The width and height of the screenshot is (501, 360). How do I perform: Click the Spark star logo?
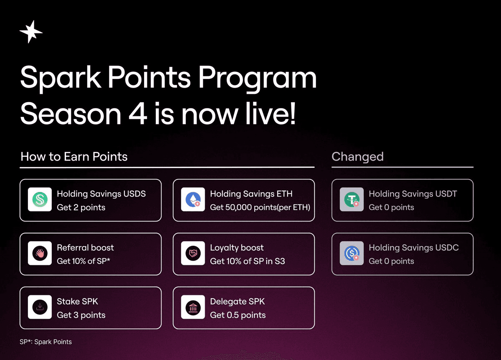[31, 32]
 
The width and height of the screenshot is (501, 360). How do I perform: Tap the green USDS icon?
[40, 199]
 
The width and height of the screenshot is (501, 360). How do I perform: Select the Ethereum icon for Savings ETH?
[193, 199]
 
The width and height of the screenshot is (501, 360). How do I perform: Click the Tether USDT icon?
[352, 199]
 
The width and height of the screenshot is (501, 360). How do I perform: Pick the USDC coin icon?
[352, 253]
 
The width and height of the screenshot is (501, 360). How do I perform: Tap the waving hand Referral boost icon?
[40, 253]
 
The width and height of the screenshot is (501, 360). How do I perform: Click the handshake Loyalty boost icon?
[193, 253]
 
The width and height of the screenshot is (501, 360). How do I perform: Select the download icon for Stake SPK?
[40, 307]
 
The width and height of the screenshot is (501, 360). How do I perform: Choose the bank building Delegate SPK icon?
[193, 307]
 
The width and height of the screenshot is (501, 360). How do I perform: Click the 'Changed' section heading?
[357, 157]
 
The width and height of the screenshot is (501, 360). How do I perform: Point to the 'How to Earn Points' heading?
[74, 156]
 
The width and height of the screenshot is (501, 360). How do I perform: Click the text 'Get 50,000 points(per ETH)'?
[260, 207]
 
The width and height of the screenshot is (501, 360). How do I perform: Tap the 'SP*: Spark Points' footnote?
[46, 342]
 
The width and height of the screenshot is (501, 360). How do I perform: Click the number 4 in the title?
[138, 114]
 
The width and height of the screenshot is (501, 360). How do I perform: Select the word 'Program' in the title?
[258, 79]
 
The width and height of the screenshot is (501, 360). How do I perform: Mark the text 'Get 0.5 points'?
[238, 315]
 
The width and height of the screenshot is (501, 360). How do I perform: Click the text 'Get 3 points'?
[81, 315]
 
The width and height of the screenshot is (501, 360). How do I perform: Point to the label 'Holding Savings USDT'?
[413, 194]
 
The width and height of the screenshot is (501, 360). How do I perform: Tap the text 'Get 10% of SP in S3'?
[247, 261]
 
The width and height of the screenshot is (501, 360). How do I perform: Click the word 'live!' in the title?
[271, 113]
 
